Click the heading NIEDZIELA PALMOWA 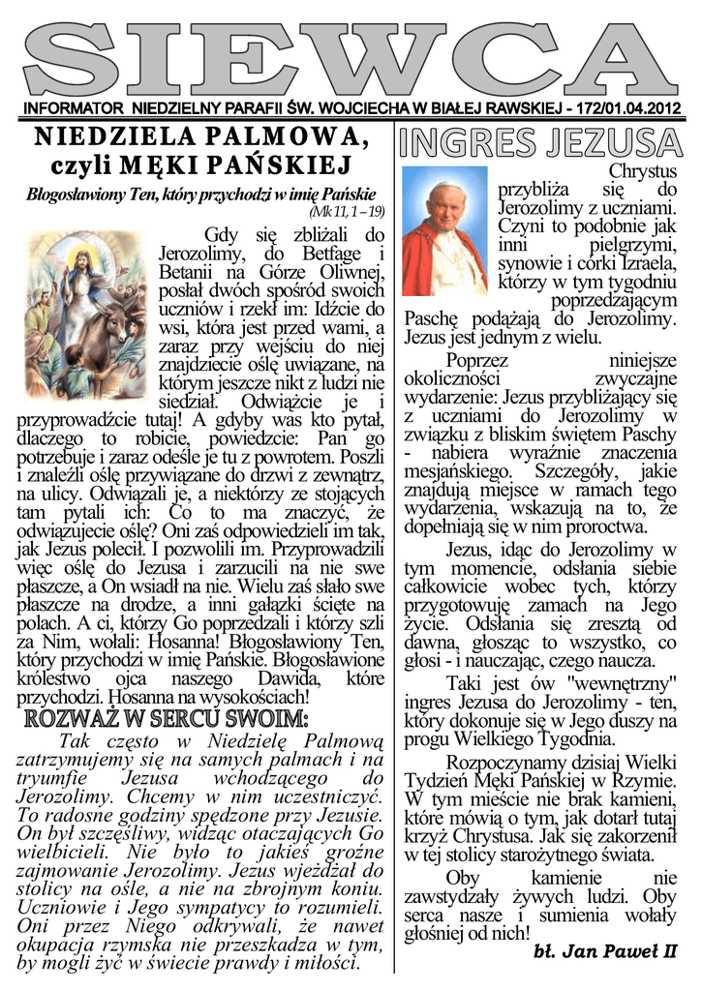click(x=201, y=137)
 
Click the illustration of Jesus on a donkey click(x=84, y=301)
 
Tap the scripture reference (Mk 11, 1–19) click(x=348, y=210)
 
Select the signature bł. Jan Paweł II click(x=605, y=952)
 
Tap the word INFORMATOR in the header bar click(x=74, y=108)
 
